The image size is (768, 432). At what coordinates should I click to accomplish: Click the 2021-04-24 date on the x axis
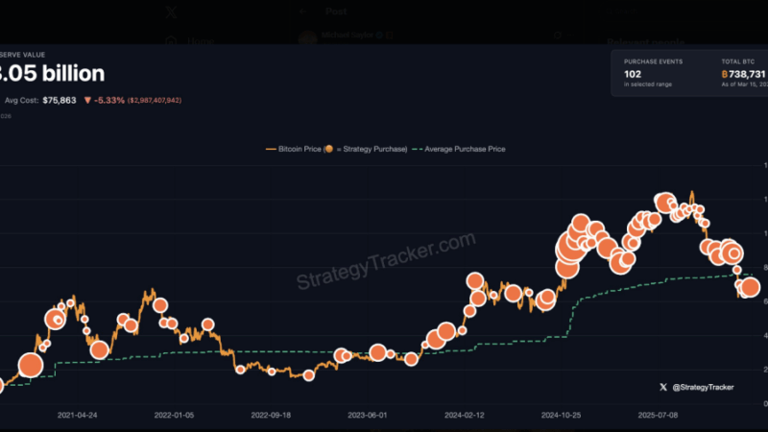pyautogui.click(x=77, y=416)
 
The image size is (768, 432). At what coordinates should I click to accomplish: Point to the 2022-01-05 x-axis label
pyautogui.click(x=174, y=416)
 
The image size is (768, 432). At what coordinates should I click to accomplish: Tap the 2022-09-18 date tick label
pyautogui.click(x=271, y=416)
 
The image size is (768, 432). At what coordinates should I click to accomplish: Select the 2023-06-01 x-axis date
pyautogui.click(x=368, y=416)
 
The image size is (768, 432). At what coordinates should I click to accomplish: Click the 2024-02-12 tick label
pyautogui.click(x=465, y=416)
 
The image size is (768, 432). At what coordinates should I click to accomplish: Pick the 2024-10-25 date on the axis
pyautogui.click(x=562, y=416)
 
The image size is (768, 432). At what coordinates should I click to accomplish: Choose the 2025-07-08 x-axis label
pyautogui.click(x=659, y=416)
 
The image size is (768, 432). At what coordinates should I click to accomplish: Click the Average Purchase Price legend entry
pyautogui.click(x=466, y=149)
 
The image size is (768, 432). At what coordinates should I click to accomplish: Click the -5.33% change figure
pyautogui.click(x=108, y=99)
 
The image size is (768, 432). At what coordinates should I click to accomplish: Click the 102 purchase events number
pyautogui.click(x=634, y=73)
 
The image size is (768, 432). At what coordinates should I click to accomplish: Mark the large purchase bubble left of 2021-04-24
pyautogui.click(x=31, y=365)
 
